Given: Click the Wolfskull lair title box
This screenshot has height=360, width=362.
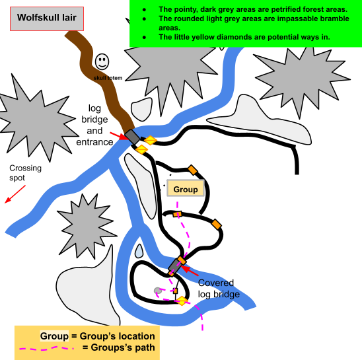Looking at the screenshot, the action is click(x=47, y=18).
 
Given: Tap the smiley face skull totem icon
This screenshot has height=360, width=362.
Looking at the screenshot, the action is click(x=102, y=61).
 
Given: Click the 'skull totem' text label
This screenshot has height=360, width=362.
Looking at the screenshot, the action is click(x=108, y=78).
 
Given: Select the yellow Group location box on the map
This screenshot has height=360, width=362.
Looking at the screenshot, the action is click(x=186, y=188).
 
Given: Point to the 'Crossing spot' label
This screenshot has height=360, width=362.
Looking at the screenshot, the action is click(x=25, y=172).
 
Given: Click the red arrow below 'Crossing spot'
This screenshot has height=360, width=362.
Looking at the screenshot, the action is click(x=15, y=194).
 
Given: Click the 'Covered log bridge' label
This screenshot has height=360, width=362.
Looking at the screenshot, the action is click(x=219, y=289).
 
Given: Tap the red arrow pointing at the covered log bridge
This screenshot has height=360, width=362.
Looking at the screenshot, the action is click(x=190, y=271).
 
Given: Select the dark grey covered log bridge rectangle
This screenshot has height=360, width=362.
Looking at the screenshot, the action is click(x=175, y=266).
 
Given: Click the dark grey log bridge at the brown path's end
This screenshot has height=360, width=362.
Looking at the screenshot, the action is click(x=132, y=137).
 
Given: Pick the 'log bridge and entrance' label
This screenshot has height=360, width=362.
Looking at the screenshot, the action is click(x=94, y=125).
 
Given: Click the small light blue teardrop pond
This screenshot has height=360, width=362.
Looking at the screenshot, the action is click(x=139, y=251).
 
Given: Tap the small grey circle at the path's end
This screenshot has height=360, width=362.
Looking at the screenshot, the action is click(x=158, y=291).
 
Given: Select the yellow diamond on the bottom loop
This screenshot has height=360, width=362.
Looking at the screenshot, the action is click(x=182, y=301).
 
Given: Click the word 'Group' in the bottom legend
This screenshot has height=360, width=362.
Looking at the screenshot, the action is click(x=54, y=336).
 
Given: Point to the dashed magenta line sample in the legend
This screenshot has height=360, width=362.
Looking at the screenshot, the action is click(x=46, y=348).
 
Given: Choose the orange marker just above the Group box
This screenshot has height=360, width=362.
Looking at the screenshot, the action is click(x=192, y=170).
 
